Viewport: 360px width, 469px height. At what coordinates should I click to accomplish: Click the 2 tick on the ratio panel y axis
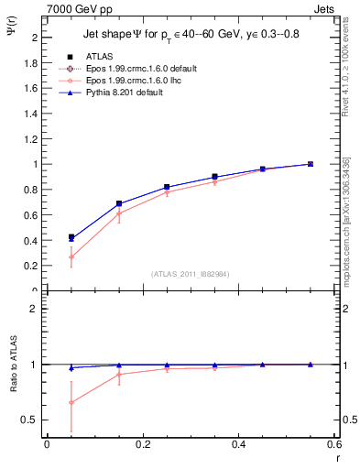click(34, 309)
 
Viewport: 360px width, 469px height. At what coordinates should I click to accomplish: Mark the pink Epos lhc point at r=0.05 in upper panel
click(71, 256)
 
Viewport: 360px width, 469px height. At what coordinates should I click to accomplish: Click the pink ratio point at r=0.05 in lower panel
click(71, 402)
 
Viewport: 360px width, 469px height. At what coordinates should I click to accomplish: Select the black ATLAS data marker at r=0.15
click(119, 203)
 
